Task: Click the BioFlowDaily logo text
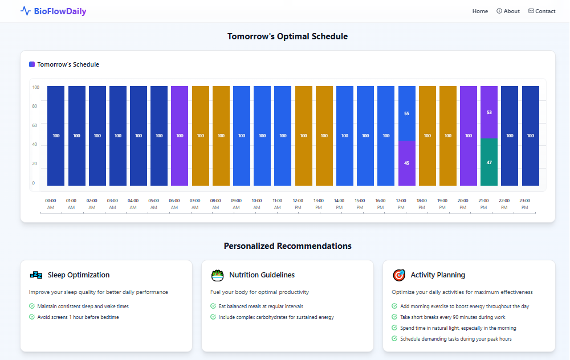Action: click(60, 11)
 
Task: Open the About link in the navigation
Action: click(508, 11)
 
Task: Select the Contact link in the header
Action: click(542, 11)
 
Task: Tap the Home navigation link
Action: click(480, 11)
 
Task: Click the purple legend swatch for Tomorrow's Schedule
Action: click(32, 64)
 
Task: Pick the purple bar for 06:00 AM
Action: click(180, 136)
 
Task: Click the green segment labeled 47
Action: click(489, 162)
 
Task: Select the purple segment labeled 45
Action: click(406, 163)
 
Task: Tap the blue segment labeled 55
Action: click(406, 113)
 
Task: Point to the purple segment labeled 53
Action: click(489, 112)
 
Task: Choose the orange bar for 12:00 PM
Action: click(303, 136)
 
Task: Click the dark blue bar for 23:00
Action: click(530, 136)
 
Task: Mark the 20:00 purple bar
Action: click(469, 136)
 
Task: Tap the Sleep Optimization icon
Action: click(36, 275)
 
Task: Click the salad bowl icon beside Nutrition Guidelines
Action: click(217, 275)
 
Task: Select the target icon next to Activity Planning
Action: click(399, 275)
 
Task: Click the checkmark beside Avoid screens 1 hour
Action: click(32, 317)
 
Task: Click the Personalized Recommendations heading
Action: click(287, 246)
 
